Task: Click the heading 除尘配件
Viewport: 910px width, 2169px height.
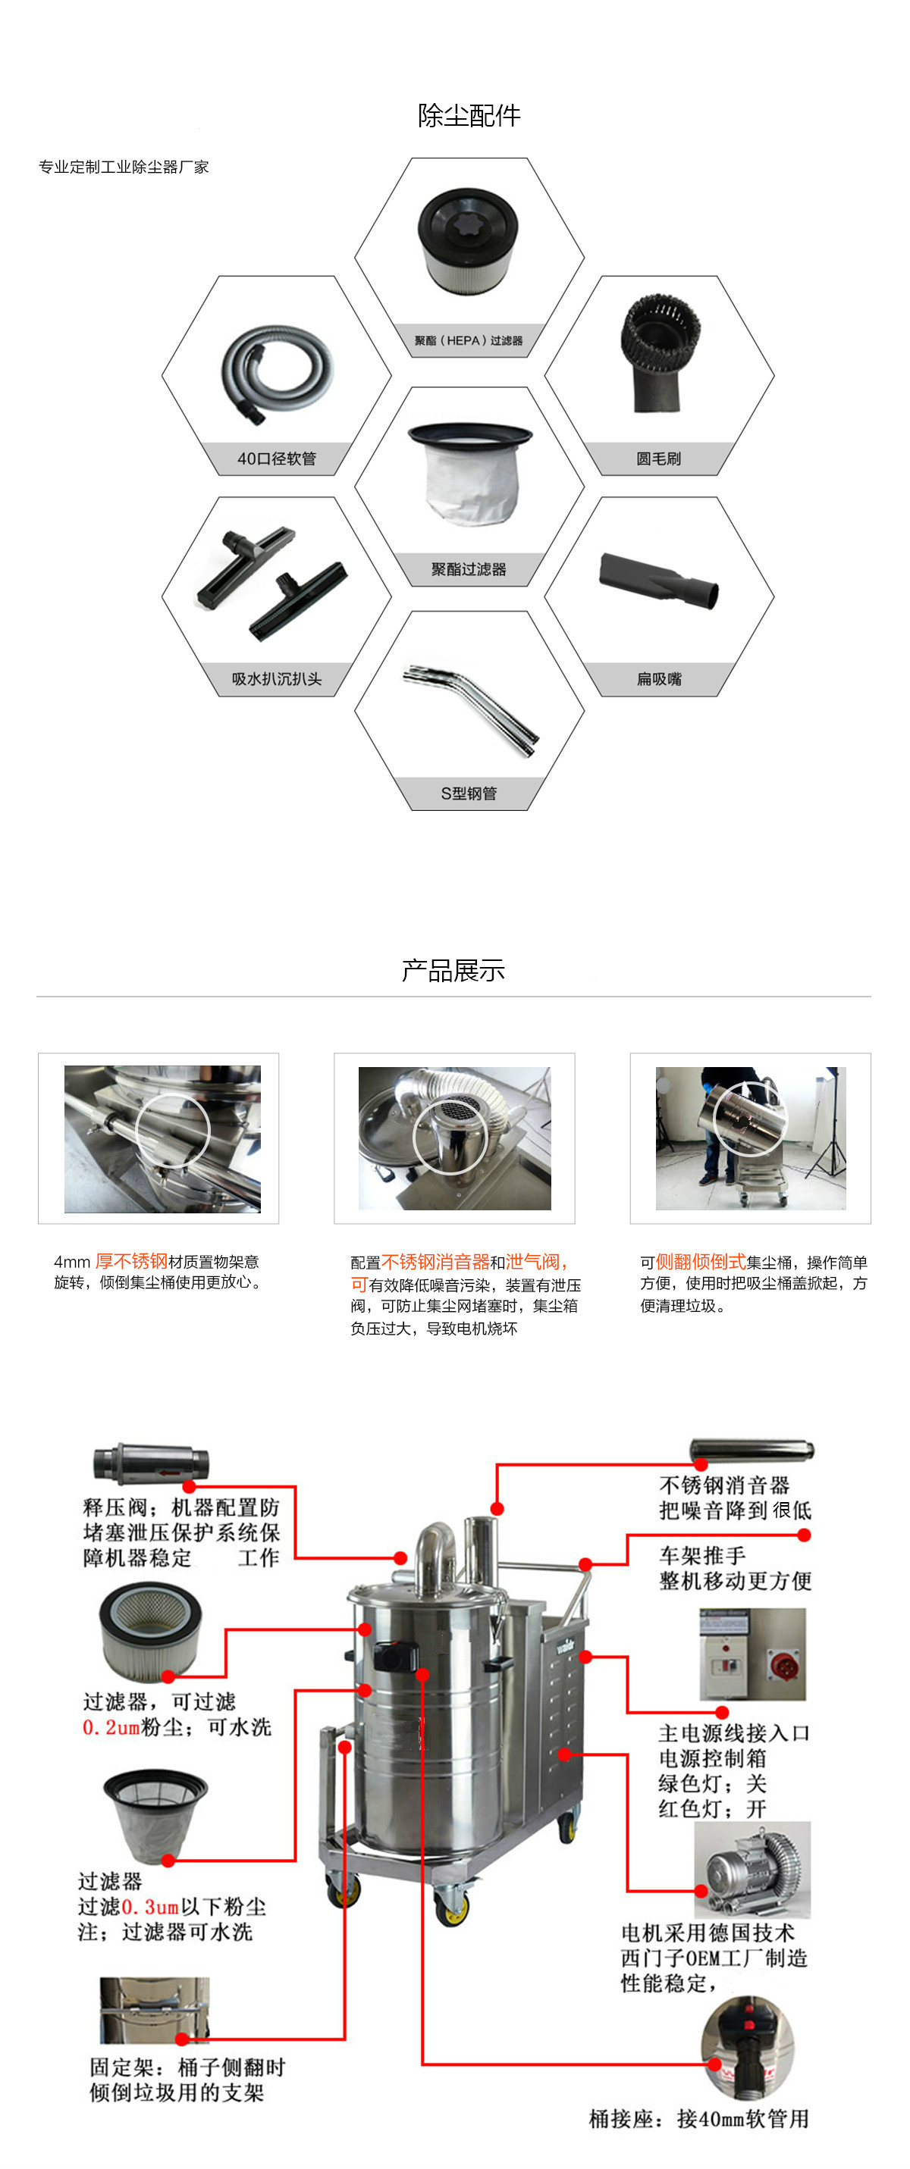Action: (469, 115)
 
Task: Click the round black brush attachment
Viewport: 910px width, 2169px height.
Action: (660, 354)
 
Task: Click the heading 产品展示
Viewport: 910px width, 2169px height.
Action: (453, 971)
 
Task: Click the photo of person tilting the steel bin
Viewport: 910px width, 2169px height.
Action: (750, 1138)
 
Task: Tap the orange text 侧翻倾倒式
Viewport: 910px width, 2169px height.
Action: (700, 1261)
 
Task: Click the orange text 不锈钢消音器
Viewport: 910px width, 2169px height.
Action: (435, 1261)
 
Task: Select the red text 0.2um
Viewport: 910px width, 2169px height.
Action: (111, 1727)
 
